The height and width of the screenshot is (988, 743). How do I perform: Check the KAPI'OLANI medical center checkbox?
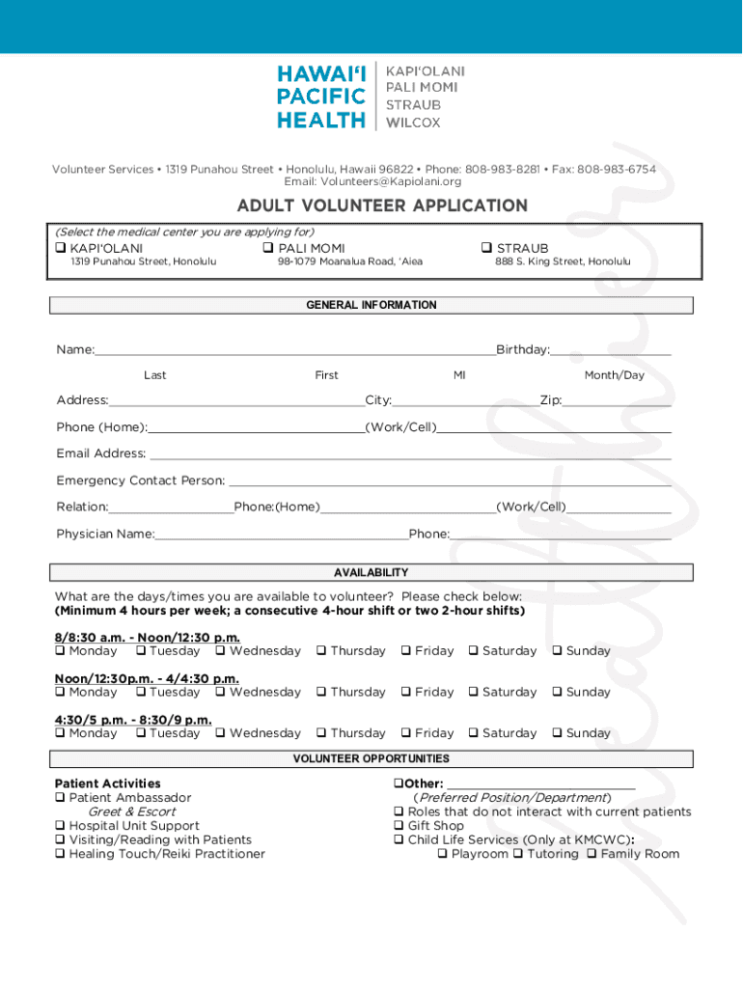tap(62, 249)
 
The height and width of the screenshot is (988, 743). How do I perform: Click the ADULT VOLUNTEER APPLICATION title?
tap(382, 206)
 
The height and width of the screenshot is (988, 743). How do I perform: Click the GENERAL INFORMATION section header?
tap(371, 305)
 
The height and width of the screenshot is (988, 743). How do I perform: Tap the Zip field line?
tap(617, 404)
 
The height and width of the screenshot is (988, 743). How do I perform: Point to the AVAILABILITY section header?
tap(371, 572)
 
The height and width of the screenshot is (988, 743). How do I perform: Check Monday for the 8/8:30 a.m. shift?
tap(61, 651)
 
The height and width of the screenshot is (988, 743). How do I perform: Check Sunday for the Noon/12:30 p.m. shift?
tap(558, 693)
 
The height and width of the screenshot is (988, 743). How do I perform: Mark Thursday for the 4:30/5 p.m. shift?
tap(321, 733)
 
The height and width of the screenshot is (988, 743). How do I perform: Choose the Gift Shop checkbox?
tap(399, 826)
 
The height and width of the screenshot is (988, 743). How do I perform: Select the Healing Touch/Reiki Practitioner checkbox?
tap(61, 854)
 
